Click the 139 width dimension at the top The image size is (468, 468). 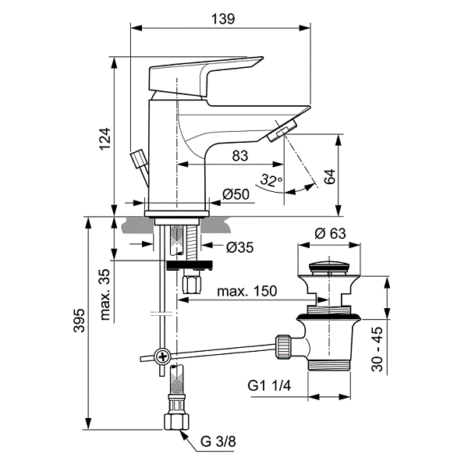223,19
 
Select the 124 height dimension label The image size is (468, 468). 105,139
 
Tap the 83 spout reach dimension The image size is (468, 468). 240,156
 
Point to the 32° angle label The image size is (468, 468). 271,180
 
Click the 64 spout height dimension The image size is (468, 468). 329,177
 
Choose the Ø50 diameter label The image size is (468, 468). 236,194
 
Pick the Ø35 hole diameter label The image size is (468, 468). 239,247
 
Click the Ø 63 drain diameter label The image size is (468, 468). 330,233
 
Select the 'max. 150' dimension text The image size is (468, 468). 247,291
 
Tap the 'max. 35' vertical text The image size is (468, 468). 105,295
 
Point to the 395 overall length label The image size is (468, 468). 80,321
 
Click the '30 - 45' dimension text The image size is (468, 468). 377,349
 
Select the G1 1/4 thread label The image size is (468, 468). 269,386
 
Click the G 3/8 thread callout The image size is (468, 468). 218,441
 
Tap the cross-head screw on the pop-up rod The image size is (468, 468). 163,356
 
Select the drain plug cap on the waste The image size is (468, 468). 329,267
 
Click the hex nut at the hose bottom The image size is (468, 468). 177,421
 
